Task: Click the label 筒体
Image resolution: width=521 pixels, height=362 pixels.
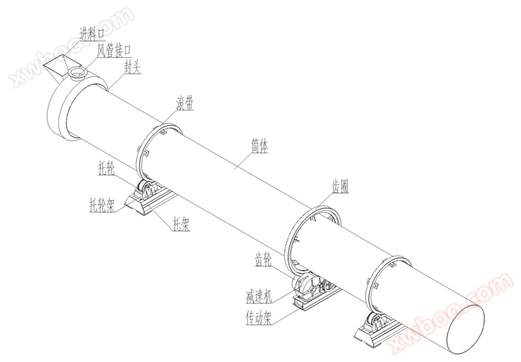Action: click(x=260, y=146)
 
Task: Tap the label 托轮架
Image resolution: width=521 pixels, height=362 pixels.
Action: click(x=103, y=205)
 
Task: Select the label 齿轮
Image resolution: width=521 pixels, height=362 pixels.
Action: click(x=263, y=260)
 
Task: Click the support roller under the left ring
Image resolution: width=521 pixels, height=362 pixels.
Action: click(x=148, y=192)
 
